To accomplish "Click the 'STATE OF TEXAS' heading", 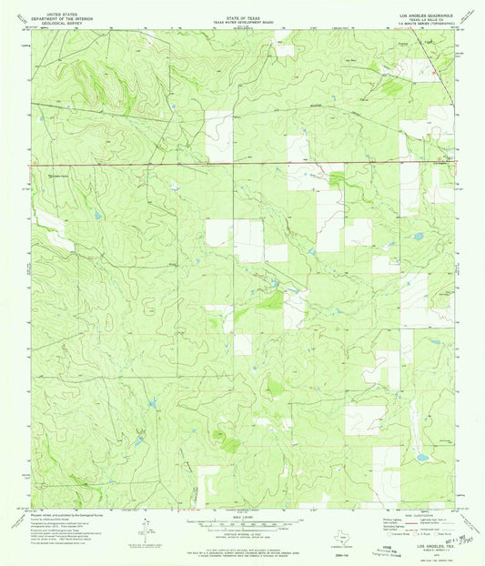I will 241,9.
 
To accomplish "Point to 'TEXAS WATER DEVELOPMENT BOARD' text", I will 241,14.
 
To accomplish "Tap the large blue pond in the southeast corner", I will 419,452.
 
